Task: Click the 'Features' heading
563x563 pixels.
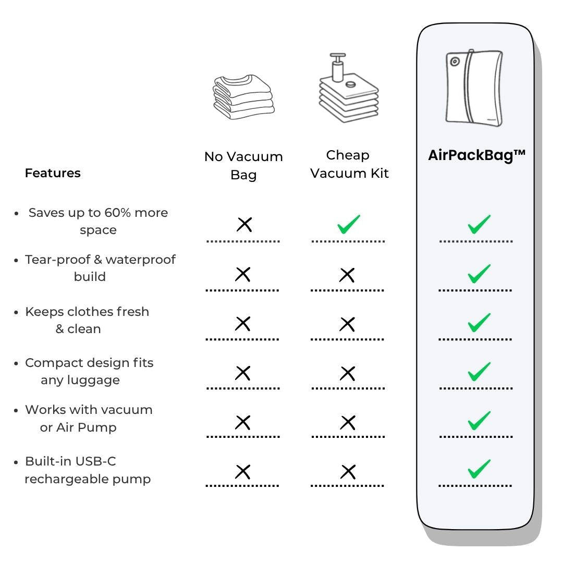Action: click(53, 173)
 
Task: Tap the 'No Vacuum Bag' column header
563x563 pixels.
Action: click(243, 166)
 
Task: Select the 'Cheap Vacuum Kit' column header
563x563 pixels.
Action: click(349, 164)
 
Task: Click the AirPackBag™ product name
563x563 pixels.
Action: click(477, 155)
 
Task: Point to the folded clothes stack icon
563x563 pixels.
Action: click(244, 97)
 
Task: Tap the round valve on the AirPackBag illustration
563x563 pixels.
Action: click(455, 62)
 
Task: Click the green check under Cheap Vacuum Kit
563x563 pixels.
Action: click(348, 224)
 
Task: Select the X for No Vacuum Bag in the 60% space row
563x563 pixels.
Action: click(244, 224)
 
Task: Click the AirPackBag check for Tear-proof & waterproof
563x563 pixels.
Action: click(479, 274)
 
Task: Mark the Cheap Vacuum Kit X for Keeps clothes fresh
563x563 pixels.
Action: click(347, 324)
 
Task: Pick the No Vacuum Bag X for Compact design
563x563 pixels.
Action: click(243, 373)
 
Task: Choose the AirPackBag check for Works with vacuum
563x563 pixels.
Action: click(479, 421)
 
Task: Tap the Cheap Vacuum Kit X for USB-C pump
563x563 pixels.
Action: click(348, 472)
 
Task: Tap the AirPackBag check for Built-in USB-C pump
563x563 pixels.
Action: click(479, 469)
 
